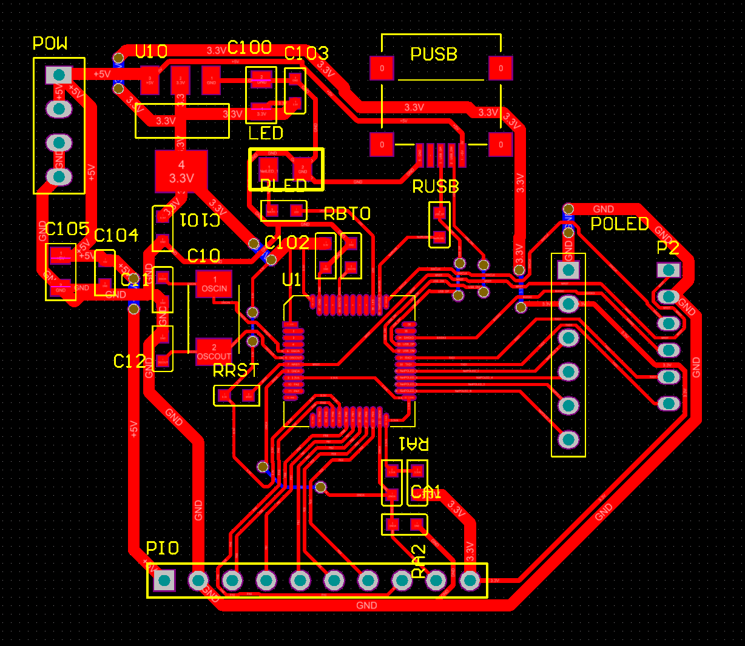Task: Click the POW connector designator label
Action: click(x=50, y=44)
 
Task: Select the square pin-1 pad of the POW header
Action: click(x=59, y=75)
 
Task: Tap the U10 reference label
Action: click(x=151, y=52)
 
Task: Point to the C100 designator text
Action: click(x=249, y=48)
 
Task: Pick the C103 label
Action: click(x=306, y=54)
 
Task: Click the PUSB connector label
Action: click(x=434, y=55)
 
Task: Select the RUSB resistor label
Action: click(x=435, y=187)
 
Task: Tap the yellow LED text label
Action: click(x=266, y=133)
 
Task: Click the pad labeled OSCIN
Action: click(x=214, y=284)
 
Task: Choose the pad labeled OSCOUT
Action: click(x=214, y=352)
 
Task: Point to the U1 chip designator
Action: click(x=292, y=280)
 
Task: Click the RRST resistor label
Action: click(x=236, y=370)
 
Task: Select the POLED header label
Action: click(x=619, y=224)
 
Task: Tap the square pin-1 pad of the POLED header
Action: click(x=568, y=270)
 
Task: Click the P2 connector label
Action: click(x=668, y=248)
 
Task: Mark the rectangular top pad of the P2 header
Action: click(x=668, y=270)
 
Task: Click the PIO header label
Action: click(x=163, y=548)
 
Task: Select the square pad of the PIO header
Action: click(x=164, y=581)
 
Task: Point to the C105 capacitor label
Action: click(x=67, y=229)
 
